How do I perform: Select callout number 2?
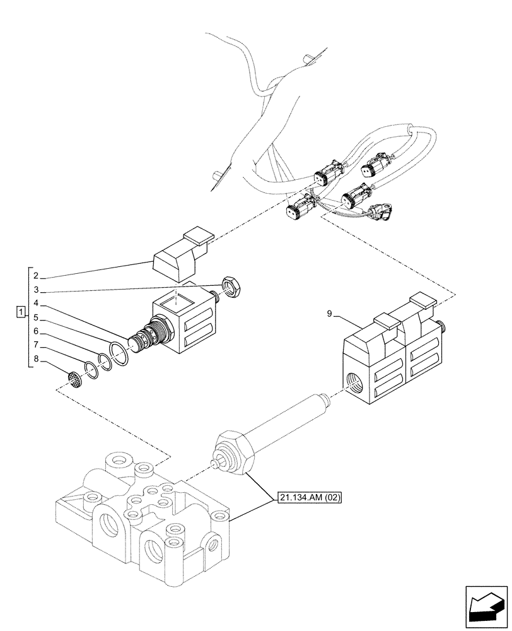click(x=37, y=276)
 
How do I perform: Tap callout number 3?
click(x=37, y=290)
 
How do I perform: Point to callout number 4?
click(x=37, y=304)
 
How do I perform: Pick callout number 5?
click(x=37, y=317)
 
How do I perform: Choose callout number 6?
click(x=37, y=331)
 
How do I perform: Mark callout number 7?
click(x=37, y=345)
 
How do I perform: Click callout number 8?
click(x=37, y=359)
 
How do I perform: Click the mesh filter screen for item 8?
click(x=75, y=380)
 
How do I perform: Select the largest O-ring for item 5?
click(x=118, y=353)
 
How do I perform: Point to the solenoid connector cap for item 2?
click(x=181, y=259)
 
